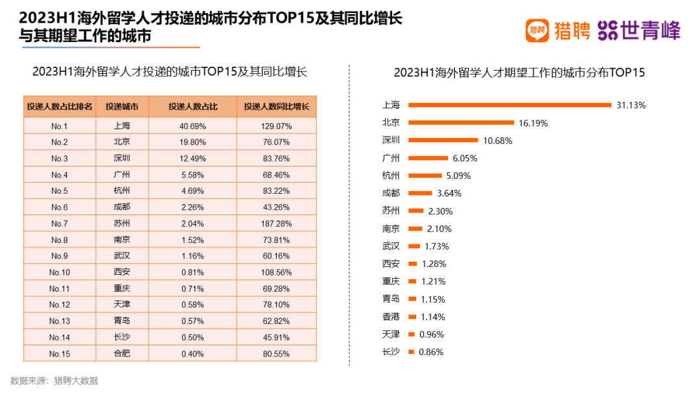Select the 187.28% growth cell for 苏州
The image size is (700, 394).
coord(277,224)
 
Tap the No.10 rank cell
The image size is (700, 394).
coord(60,272)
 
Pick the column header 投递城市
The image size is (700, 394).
coord(122,107)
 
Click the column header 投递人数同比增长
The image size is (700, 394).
coord(277,107)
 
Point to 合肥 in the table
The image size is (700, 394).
coord(122,354)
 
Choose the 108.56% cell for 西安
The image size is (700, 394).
coord(277,272)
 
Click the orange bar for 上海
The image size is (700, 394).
coord(509,105)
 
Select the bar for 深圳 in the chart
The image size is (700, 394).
coord(443,140)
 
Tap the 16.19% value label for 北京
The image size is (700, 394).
coord(533,122)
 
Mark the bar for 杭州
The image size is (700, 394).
coord(425,176)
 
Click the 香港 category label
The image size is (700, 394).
coord(391,317)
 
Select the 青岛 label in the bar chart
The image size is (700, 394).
coord(391,299)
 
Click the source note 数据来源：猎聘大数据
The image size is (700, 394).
coord(54,381)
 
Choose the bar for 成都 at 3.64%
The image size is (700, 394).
coord(420,193)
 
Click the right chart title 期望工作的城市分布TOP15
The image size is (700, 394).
coord(519,73)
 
